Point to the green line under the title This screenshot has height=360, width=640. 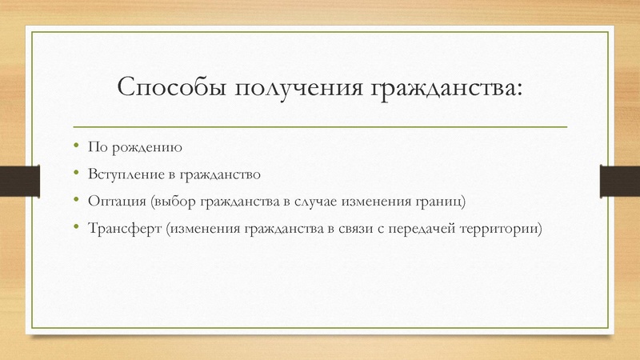coord(320,126)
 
